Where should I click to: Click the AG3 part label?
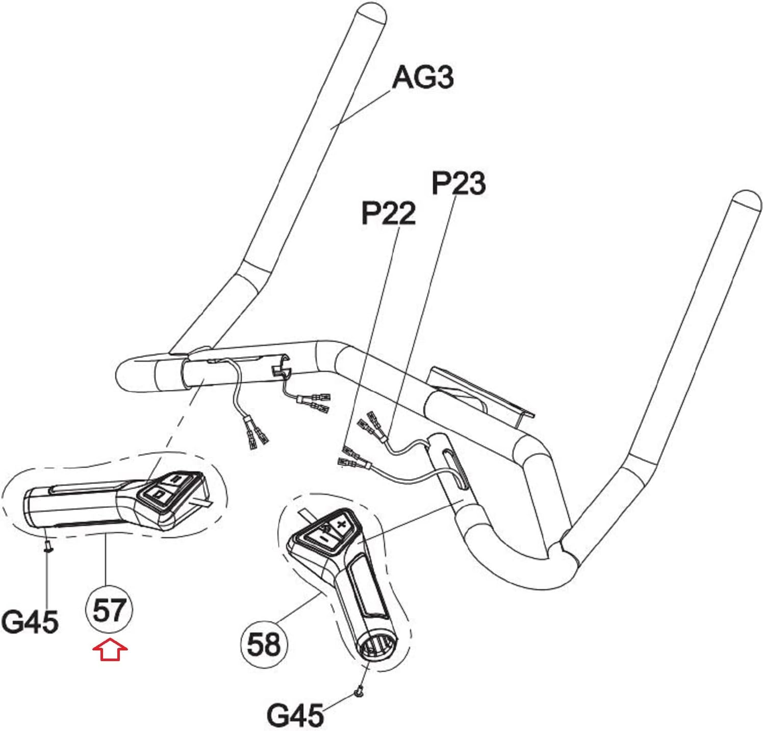[422, 78]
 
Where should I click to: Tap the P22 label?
[388, 213]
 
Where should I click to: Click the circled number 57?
[109, 610]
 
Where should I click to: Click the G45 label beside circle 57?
[30, 622]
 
